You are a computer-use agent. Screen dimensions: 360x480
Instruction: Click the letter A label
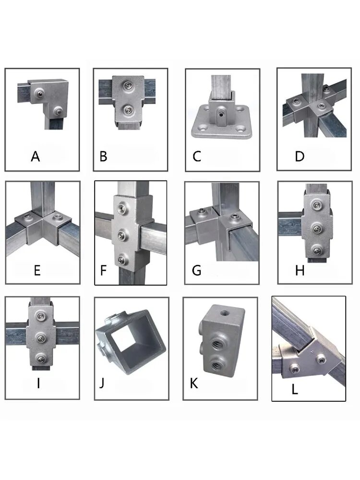[x=36, y=156]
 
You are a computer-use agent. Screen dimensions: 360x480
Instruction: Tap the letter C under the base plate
[x=197, y=156]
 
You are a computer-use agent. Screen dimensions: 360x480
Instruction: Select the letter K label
[x=194, y=383]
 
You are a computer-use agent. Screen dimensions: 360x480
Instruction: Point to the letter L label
[x=295, y=389]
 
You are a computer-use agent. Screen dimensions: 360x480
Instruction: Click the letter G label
[x=196, y=270]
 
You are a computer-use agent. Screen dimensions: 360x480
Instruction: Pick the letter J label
[x=102, y=383]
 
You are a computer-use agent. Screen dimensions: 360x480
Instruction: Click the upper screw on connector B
[x=127, y=86]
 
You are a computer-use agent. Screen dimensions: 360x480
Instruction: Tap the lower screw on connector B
[x=127, y=110]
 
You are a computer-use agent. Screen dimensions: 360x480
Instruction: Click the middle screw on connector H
[x=316, y=228]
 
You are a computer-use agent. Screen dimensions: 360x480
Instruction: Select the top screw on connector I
[x=40, y=316]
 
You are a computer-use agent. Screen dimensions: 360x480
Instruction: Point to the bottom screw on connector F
[x=122, y=260]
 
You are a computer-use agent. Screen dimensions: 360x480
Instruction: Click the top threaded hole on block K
[x=224, y=312]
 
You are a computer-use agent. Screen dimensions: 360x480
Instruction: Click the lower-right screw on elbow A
[x=58, y=110]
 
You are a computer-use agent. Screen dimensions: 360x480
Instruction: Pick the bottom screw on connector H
[x=317, y=251]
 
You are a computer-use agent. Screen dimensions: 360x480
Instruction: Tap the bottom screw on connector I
[x=40, y=359]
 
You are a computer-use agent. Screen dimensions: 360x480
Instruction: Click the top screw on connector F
[x=121, y=209]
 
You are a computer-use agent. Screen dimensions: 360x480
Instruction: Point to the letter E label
[x=37, y=271]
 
